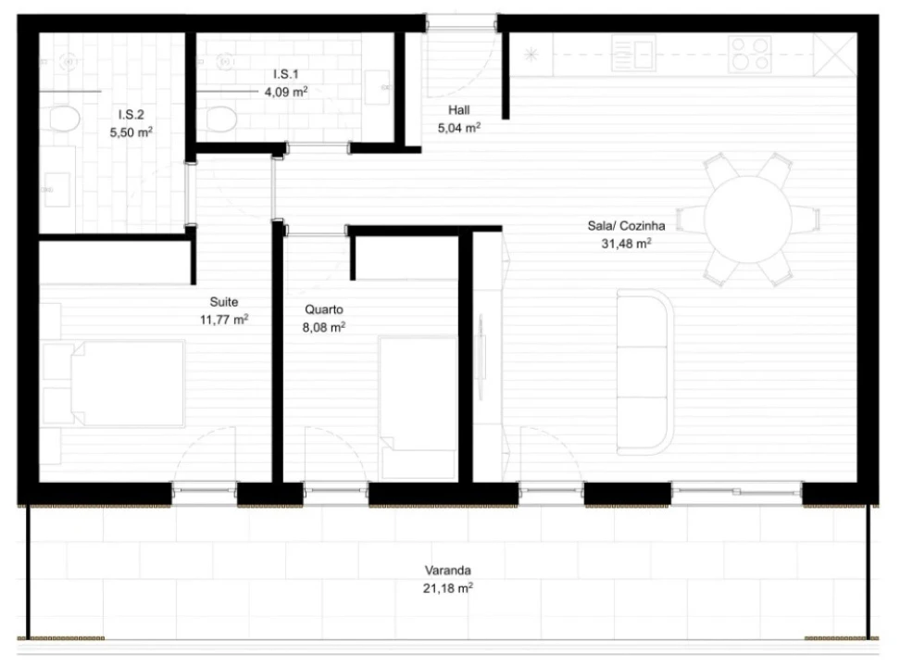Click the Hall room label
click(458, 110)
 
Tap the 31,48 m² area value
click(626, 245)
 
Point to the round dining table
click(747, 220)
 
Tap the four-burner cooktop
click(750, 53)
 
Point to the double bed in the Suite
click(116, 384)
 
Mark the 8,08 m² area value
click(324, 327)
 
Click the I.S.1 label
click(285, 73)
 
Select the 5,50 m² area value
click(131, 132)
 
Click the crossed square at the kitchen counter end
click(837, 55)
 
